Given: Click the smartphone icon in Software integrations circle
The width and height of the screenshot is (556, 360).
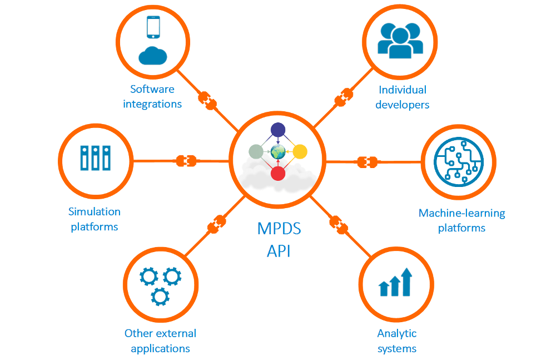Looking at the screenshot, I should (x=153, y=27).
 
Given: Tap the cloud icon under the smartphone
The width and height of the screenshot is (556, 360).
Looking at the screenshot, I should (x=153, y=56).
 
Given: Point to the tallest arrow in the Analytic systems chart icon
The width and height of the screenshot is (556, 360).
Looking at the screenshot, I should (x=407, y=281).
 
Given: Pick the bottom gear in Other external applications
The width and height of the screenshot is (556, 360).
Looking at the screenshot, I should (x=160, y=296).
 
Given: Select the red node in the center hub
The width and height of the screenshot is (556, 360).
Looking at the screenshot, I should (x=278, y=173).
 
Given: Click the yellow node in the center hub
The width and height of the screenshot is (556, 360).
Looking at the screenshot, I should (x=300, y=151).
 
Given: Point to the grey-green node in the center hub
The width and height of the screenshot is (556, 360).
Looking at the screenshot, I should (x=256, y=151).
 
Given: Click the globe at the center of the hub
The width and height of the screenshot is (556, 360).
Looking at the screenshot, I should (x=278, y=151).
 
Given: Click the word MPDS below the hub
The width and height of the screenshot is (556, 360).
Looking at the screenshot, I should (x=279, y=229).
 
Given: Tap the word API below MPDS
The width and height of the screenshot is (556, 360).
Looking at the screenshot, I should (x=279, y=250).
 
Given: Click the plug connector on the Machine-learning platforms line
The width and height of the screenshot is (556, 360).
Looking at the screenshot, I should (x=367, y=162).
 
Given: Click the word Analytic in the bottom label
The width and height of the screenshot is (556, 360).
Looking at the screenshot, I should (x=397, y=333).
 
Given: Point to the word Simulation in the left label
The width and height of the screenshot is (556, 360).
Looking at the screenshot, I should (x=95, y=211).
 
